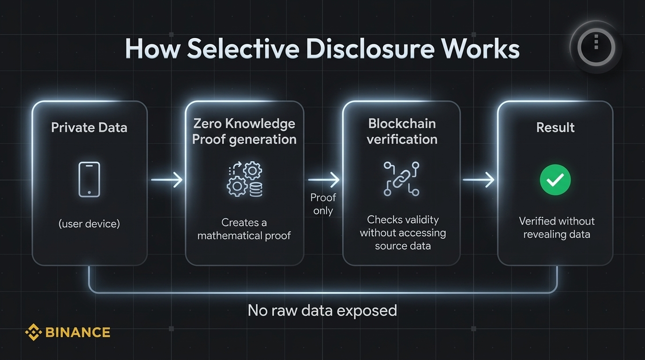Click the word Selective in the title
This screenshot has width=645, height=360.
pyautogui.click(x=242, y=49)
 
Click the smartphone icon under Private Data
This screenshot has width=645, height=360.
pyautogui.click(x=89, y=180)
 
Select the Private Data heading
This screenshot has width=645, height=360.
pyautogui.click(x=89, y=127)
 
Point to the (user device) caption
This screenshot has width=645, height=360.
pyautogui.click(x=89, y=224)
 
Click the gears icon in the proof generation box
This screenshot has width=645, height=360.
pyautogui.click(x=244, y=180)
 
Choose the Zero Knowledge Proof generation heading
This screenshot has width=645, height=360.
pyautogui.click(x=244, y=131)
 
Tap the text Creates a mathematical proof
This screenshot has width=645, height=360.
pyautogui.click(x=244, y=229)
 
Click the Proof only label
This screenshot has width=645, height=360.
pyautogui.click(x=323, y=204)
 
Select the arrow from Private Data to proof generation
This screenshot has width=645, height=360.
pyautogui.click(x=166, y=180)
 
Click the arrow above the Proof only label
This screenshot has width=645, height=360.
pyautogui.click(x=323, y=180)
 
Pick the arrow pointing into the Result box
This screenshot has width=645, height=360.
pyautogui.click(x=479, y=180)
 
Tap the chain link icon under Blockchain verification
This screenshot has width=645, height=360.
pyautogui.click(x=401, y=179)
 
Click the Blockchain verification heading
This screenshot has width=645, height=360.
pyautogui.click(x=402, y=131)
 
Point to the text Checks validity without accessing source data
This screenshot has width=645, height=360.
pyautogui.click(x=402, y=232)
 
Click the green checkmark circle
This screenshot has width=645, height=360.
pyautogui.click(x=555, y=180)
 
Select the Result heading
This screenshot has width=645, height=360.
pyautogui.click(x=555, y=127)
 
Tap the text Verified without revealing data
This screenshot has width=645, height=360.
pyautogui.click(x=556, y=227)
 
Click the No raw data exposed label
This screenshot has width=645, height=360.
pyautogui.click(x=322, y=310)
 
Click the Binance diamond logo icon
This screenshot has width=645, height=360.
pyautogui.click(x=33, y=332)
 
